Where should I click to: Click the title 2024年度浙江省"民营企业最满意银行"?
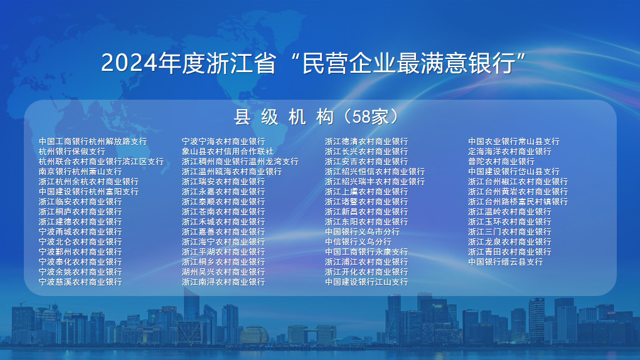[313, 63]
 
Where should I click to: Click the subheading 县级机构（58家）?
[317, 117]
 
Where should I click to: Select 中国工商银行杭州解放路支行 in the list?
[93, 141]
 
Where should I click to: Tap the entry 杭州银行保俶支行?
[72, 151]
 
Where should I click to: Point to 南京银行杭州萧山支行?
[80, 171]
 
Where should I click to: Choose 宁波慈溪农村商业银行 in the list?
[80, 282]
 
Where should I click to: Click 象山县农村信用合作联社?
[227, 151]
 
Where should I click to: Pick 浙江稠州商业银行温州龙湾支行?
[240, 162]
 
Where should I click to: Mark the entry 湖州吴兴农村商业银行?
[223, 272]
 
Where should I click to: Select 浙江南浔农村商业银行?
[223, 282]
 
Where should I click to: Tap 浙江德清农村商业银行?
[366, 141]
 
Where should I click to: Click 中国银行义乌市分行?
[362, 231]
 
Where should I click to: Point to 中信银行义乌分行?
[358, 241]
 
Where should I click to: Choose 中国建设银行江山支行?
[366, 282]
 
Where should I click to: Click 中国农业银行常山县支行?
[514, 141]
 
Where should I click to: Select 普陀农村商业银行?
[501, 162]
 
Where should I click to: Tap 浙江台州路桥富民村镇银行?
[518, 201]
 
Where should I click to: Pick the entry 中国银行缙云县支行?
[505, 262]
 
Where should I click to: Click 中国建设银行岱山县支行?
[514, 171]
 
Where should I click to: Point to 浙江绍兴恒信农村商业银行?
[375, 171]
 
